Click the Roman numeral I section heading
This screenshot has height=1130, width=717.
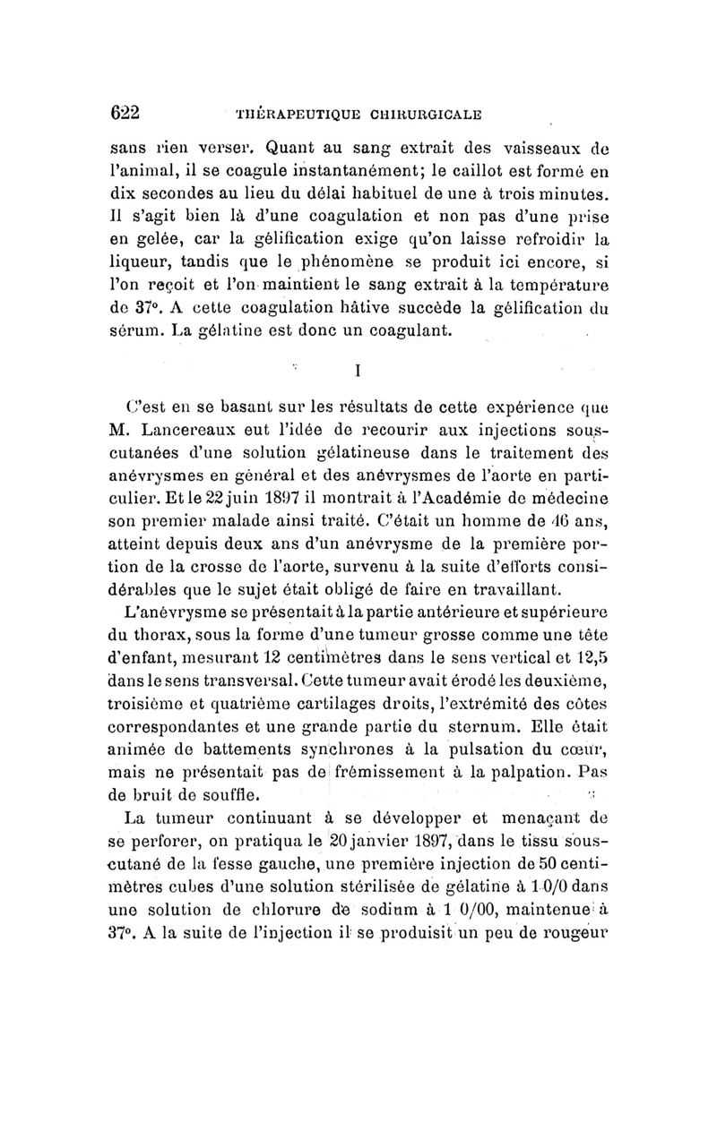[x=357, y=368]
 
